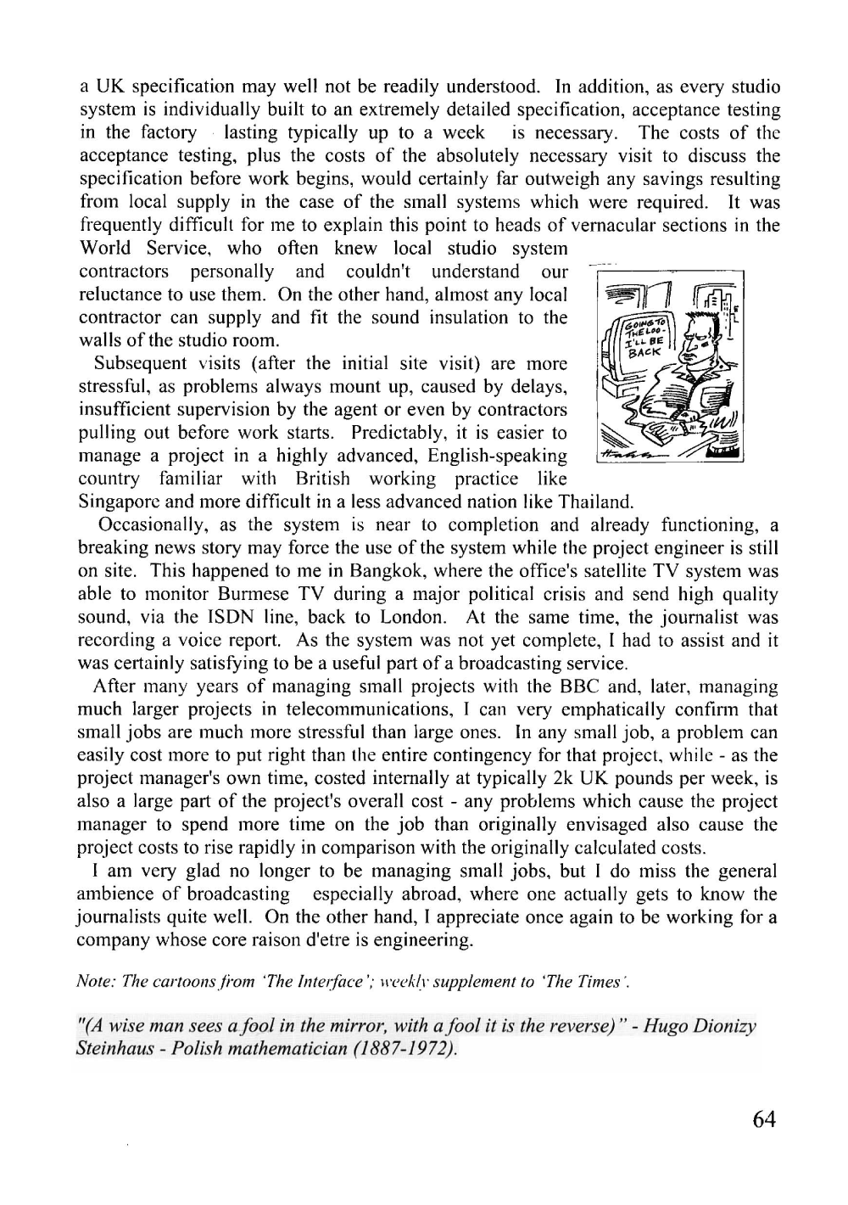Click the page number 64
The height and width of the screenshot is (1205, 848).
click(763, 1119)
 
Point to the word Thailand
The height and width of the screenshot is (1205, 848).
click(597, 502)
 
